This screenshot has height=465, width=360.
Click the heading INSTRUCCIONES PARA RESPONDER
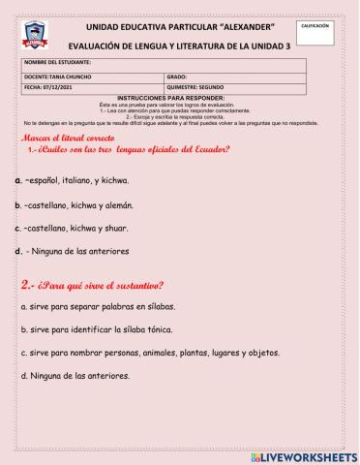click(x=179, y=98)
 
